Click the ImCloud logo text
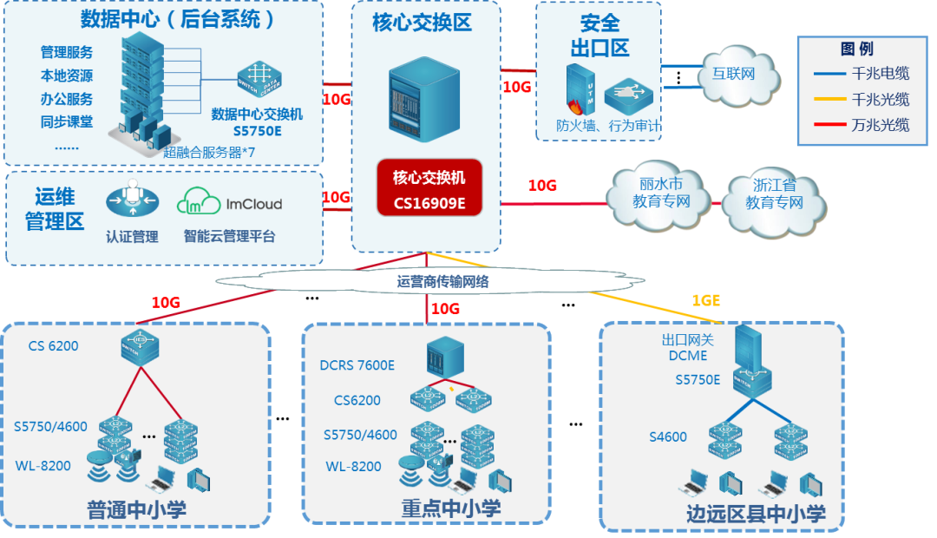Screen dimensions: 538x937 pyautogui.click(x=254, y=204)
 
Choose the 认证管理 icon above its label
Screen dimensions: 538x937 pyautogui.click(x=132, y=201)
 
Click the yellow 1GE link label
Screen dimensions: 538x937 pyautogui.click(x=706, y=301)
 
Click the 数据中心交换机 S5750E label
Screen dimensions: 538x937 pyautogui.click(x=257, y=122)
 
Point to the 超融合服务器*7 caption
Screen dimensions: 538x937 pyautogui.click(x=209, y=153)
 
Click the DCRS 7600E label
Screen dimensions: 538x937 pyautogui.click(x=357, y=365)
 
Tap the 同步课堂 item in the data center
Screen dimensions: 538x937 pyautogui.click(x=67, y=121)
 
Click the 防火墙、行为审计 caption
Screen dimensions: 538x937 pyautogui.click(x=609, y=126)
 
